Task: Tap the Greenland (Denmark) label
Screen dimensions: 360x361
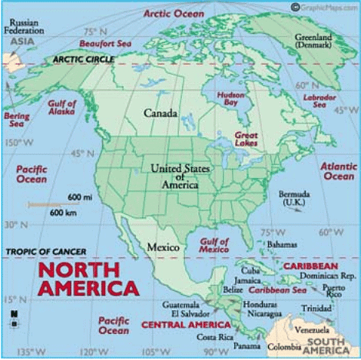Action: [x=314, y=41]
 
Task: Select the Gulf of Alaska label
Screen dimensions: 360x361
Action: [x=61, y=109]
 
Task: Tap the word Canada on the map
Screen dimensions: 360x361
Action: [x=161, y=114]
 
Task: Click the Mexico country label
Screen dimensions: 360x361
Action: [x=164, y=248]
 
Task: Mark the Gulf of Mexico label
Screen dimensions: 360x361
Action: [x=214, y=246]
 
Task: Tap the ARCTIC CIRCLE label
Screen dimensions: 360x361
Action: [x=84, y=59]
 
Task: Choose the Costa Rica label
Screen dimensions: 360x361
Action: [x=214, y=337]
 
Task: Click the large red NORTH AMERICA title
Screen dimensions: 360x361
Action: [x=88, y=279]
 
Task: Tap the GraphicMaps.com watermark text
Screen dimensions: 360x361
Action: [x=323, y=6]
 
